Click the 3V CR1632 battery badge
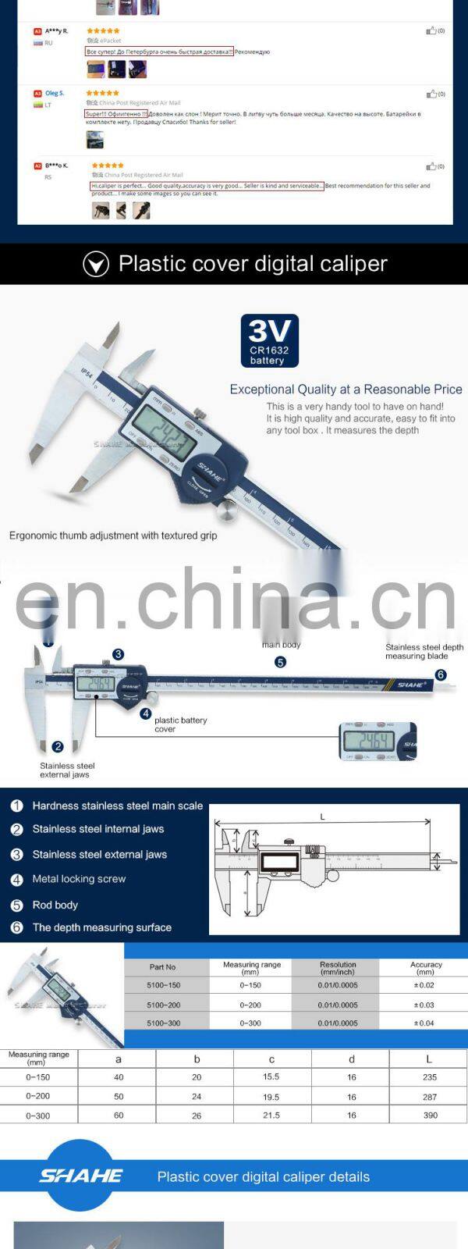click(269, 341)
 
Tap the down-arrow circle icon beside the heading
click(96, 265)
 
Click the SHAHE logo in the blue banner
click(81, 1176)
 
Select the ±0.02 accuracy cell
click(425, 986)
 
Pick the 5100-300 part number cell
click(164, 1023)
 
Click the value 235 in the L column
click(430, 1077)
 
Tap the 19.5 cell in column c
click(271, 1097)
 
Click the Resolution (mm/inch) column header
click(338, 968)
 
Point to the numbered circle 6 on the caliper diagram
click(441, 675)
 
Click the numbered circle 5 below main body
click(280, 662)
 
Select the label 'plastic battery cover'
click(180, 724)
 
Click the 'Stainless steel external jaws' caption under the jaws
click(67, 770)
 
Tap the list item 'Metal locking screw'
click(79, 879)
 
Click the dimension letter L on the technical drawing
click(322, 817)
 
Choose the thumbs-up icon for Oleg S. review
click(431, 94)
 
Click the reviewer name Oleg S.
click(55, 94)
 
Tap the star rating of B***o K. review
click(107, 165)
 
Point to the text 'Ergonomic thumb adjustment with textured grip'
click(113, 536)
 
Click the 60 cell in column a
click(119, 1116)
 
